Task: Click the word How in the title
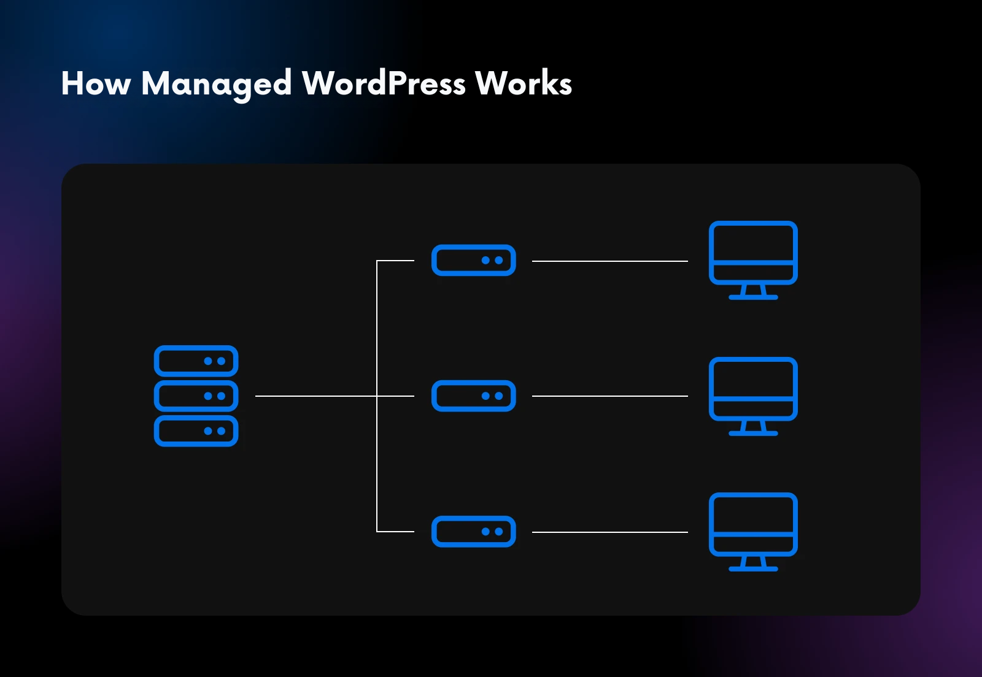(x=96, y=83)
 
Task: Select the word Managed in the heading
(x=216, y=85)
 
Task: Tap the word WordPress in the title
(x=384, y=83)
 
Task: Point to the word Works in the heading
(x=524, y=83)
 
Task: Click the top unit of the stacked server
(x=196, y=361)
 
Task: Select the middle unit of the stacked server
(x=196, y=396)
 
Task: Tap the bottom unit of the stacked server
(x=196, y=431)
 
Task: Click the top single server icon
(x=473, y=261)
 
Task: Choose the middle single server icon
(x=473, y=396)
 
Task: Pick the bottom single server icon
(x=473, y=532)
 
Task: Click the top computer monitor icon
(x=753, y=253)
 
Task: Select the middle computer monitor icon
(x=753, y=389)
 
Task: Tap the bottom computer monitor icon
(x=753, y=524)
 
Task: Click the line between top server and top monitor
(x=609, y=261)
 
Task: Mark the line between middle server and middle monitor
(x=609, y=396)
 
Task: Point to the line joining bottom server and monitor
(x=609, y=532)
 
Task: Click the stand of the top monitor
(x=753, y=292)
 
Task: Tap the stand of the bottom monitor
(x=753, y=564)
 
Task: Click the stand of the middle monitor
(x=753, y=428)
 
